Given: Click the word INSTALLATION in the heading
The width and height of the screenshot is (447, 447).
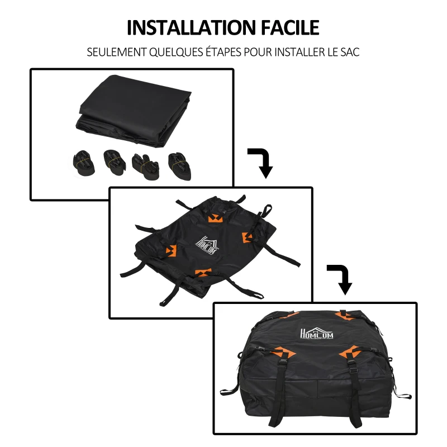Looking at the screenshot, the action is coord(191,27).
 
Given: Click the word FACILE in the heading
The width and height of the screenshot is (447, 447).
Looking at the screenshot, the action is coord(290,27).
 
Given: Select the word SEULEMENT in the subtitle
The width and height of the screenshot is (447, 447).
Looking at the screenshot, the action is coord(116,52).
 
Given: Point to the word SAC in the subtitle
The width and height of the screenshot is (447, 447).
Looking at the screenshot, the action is coord(350,52).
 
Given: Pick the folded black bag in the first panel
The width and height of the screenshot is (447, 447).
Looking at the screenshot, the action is coord(134,111).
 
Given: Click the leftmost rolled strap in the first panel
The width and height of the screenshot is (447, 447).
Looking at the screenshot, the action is coord(84,163).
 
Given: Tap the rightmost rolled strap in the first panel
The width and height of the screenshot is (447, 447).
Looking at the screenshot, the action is coord(179,167).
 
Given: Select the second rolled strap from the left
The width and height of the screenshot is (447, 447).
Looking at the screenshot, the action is coord(115,162).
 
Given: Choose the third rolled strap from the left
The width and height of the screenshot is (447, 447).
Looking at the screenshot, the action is coord(146,167).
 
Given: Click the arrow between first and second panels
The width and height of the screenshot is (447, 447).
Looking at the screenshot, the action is coord(261,162).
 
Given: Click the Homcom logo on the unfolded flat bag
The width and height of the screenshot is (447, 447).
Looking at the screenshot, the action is coord(207,245).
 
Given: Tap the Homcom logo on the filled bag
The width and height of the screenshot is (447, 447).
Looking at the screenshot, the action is coord(316,334).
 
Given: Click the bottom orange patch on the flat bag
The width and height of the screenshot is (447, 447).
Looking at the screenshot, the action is coord(203,272).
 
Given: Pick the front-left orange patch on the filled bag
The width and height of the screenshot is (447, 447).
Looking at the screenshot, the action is coord(284,353).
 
